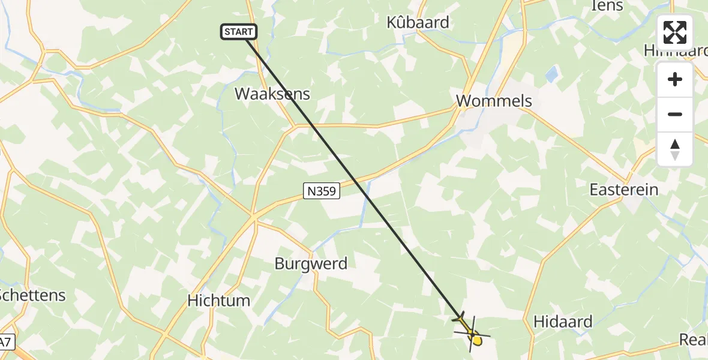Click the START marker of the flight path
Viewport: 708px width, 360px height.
239,32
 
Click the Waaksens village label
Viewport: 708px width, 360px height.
272,94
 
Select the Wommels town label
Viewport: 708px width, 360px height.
494,100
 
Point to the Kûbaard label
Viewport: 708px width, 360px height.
418,23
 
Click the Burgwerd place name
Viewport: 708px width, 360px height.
311,263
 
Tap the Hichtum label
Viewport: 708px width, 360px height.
218,301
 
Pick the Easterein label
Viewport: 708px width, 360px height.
624,190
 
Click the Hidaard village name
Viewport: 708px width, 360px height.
563,322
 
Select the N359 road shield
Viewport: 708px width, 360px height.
322,191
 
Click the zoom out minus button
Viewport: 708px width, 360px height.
675,115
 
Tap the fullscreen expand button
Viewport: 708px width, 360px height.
675,32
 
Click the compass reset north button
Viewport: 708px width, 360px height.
675,149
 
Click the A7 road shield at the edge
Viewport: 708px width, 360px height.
5,343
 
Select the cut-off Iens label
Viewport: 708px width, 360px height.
607,6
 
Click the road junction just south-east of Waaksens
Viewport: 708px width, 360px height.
295,126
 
